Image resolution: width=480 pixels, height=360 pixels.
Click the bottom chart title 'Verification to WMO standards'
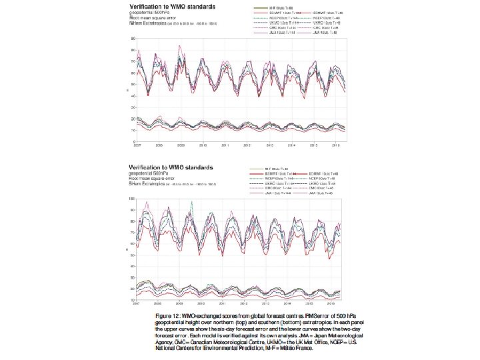click(175, 167)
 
